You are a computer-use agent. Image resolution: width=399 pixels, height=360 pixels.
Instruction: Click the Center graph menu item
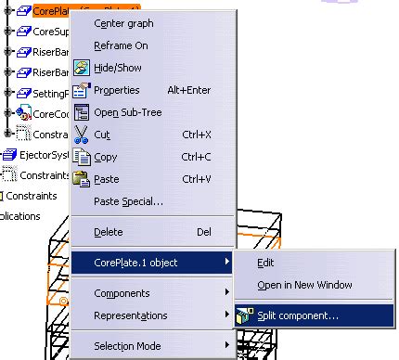[x=123, y=23]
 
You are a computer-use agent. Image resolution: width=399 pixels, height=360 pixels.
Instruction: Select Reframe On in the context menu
[x=120, y=45]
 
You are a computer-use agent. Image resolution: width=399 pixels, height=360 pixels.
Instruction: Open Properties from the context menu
[x=117, y=90]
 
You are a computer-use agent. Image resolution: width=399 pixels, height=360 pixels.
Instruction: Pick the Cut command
[x=102, y=135]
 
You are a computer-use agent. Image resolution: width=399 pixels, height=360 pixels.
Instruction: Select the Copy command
[x=107, y=157]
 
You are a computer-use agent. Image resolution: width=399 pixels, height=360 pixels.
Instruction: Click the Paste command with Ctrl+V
[x=107, y=179]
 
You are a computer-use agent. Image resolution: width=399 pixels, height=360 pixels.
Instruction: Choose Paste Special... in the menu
[x=129, y=201]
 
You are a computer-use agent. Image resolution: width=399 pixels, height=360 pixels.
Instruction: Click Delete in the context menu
[x=109, y=232]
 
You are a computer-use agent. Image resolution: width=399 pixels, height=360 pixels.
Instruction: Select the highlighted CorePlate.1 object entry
[x=135, y=263]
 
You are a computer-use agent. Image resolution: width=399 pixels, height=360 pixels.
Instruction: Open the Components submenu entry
[x=122, y=294]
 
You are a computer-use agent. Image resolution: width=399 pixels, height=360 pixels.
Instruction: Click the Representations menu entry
[x=131, y=316]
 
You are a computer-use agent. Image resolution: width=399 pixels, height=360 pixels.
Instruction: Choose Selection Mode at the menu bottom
[x=128, y=347]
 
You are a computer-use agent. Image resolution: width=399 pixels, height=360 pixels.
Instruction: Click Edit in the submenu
[x=265, y=263]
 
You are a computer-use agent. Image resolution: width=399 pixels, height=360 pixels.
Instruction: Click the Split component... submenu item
[x=298, y=315]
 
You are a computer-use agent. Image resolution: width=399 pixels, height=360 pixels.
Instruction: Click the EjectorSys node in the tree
[x=37, y=155]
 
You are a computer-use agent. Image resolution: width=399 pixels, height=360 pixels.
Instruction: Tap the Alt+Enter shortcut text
[x=201, y=90]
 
